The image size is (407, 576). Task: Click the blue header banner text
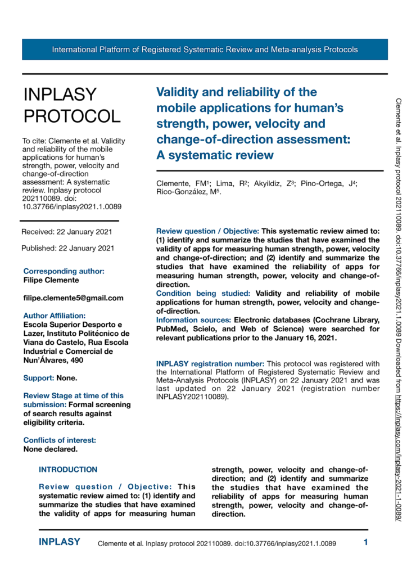pos(205,49)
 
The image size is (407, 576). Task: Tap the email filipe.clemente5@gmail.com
pos(73,298)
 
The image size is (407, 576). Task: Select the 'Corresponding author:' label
pos(64,271)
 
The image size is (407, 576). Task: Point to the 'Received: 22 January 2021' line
pos(67,232)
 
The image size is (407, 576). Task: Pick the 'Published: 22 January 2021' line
pos(68,247)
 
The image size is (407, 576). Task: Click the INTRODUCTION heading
pos(68,469)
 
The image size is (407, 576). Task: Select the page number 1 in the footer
pos(365,543)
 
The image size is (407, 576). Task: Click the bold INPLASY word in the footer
pos(60,542)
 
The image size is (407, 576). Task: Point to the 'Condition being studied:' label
pos(204,293)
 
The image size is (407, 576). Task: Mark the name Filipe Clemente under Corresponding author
pos(51,280)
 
